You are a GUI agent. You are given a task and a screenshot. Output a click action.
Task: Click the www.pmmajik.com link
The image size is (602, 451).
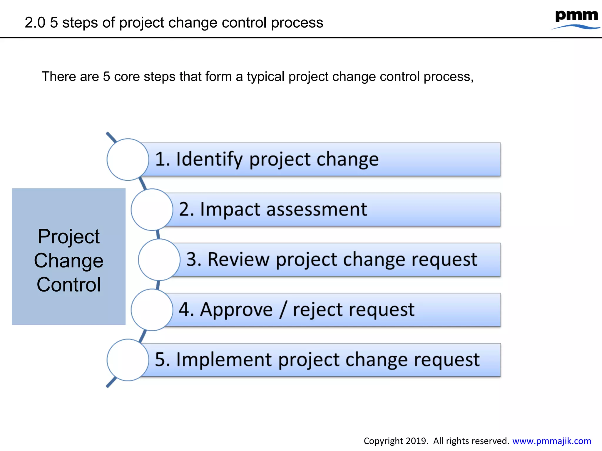coord(551,441)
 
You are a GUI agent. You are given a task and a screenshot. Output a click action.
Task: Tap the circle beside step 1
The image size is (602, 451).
coord(128,159)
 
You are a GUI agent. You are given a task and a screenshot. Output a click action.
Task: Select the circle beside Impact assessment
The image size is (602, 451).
coord(152,210)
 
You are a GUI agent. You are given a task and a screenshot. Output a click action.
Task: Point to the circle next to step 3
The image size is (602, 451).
coord(159,260)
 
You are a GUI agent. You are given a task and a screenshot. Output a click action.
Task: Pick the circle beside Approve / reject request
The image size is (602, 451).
coord(152,310)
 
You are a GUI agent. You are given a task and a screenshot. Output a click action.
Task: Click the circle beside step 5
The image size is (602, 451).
coord(128,360)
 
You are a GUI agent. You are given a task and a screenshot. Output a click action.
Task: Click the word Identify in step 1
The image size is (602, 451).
coord(209,159)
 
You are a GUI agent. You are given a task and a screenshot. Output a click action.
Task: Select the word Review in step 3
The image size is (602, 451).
coord(238,260)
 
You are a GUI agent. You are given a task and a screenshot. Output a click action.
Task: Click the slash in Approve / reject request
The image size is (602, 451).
coord(283,310)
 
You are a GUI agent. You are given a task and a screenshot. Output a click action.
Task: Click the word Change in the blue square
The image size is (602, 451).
coord(68,261)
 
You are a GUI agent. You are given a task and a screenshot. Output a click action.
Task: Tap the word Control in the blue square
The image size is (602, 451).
coord(68,285)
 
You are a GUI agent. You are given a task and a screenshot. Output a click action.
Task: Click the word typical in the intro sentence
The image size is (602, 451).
coord(266,77)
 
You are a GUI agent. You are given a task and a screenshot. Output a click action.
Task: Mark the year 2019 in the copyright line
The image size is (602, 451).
coord(416,441)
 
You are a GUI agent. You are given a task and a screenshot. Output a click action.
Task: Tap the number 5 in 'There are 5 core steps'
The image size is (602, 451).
coord(106,77)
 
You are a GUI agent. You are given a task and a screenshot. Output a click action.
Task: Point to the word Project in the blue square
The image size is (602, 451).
coord(68,236)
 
